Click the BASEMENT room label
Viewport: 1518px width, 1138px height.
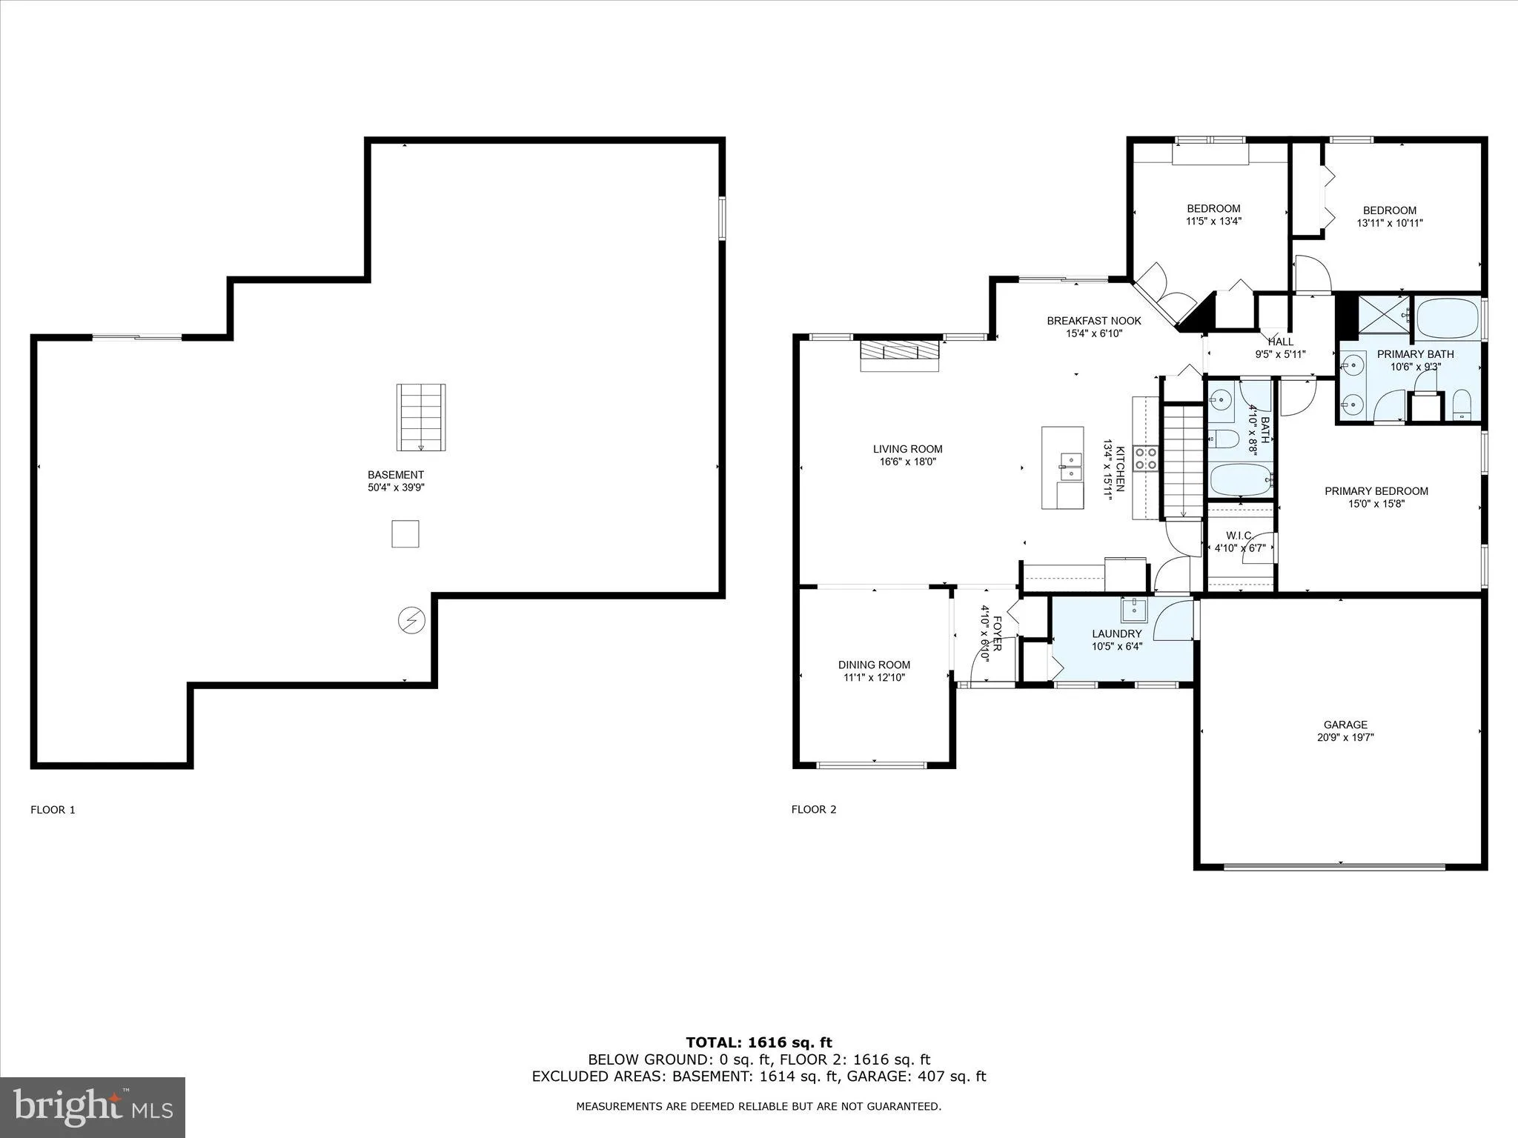pos(396,475)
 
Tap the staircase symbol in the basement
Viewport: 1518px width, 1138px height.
pos(420,417)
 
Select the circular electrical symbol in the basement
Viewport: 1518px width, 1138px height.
pos(411,620)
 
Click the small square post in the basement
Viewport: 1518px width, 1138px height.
pos(405,533)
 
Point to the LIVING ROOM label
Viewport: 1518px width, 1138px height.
pos(907,449)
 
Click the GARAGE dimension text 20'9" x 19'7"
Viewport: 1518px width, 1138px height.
pos(1345,737)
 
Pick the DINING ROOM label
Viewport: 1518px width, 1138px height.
pos(874,665)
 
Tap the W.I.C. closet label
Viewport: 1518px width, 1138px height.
pos(1239,536)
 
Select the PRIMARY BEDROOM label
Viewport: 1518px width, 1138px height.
pos(1376,490)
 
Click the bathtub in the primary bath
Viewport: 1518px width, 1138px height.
pos(1448,319)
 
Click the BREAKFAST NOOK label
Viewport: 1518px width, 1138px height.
pos(1093,321)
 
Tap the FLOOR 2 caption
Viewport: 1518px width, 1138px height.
pos(813,809)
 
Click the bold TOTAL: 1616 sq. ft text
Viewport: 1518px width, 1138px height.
pos(758,1042)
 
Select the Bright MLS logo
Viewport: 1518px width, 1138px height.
pos(93,1107)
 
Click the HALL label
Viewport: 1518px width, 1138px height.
pos(1280,342)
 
